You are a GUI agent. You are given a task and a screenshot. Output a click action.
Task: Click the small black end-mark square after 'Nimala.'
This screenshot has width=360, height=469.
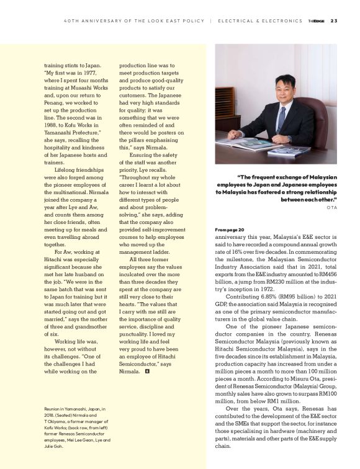pyautogui.click(x=147, y=372)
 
